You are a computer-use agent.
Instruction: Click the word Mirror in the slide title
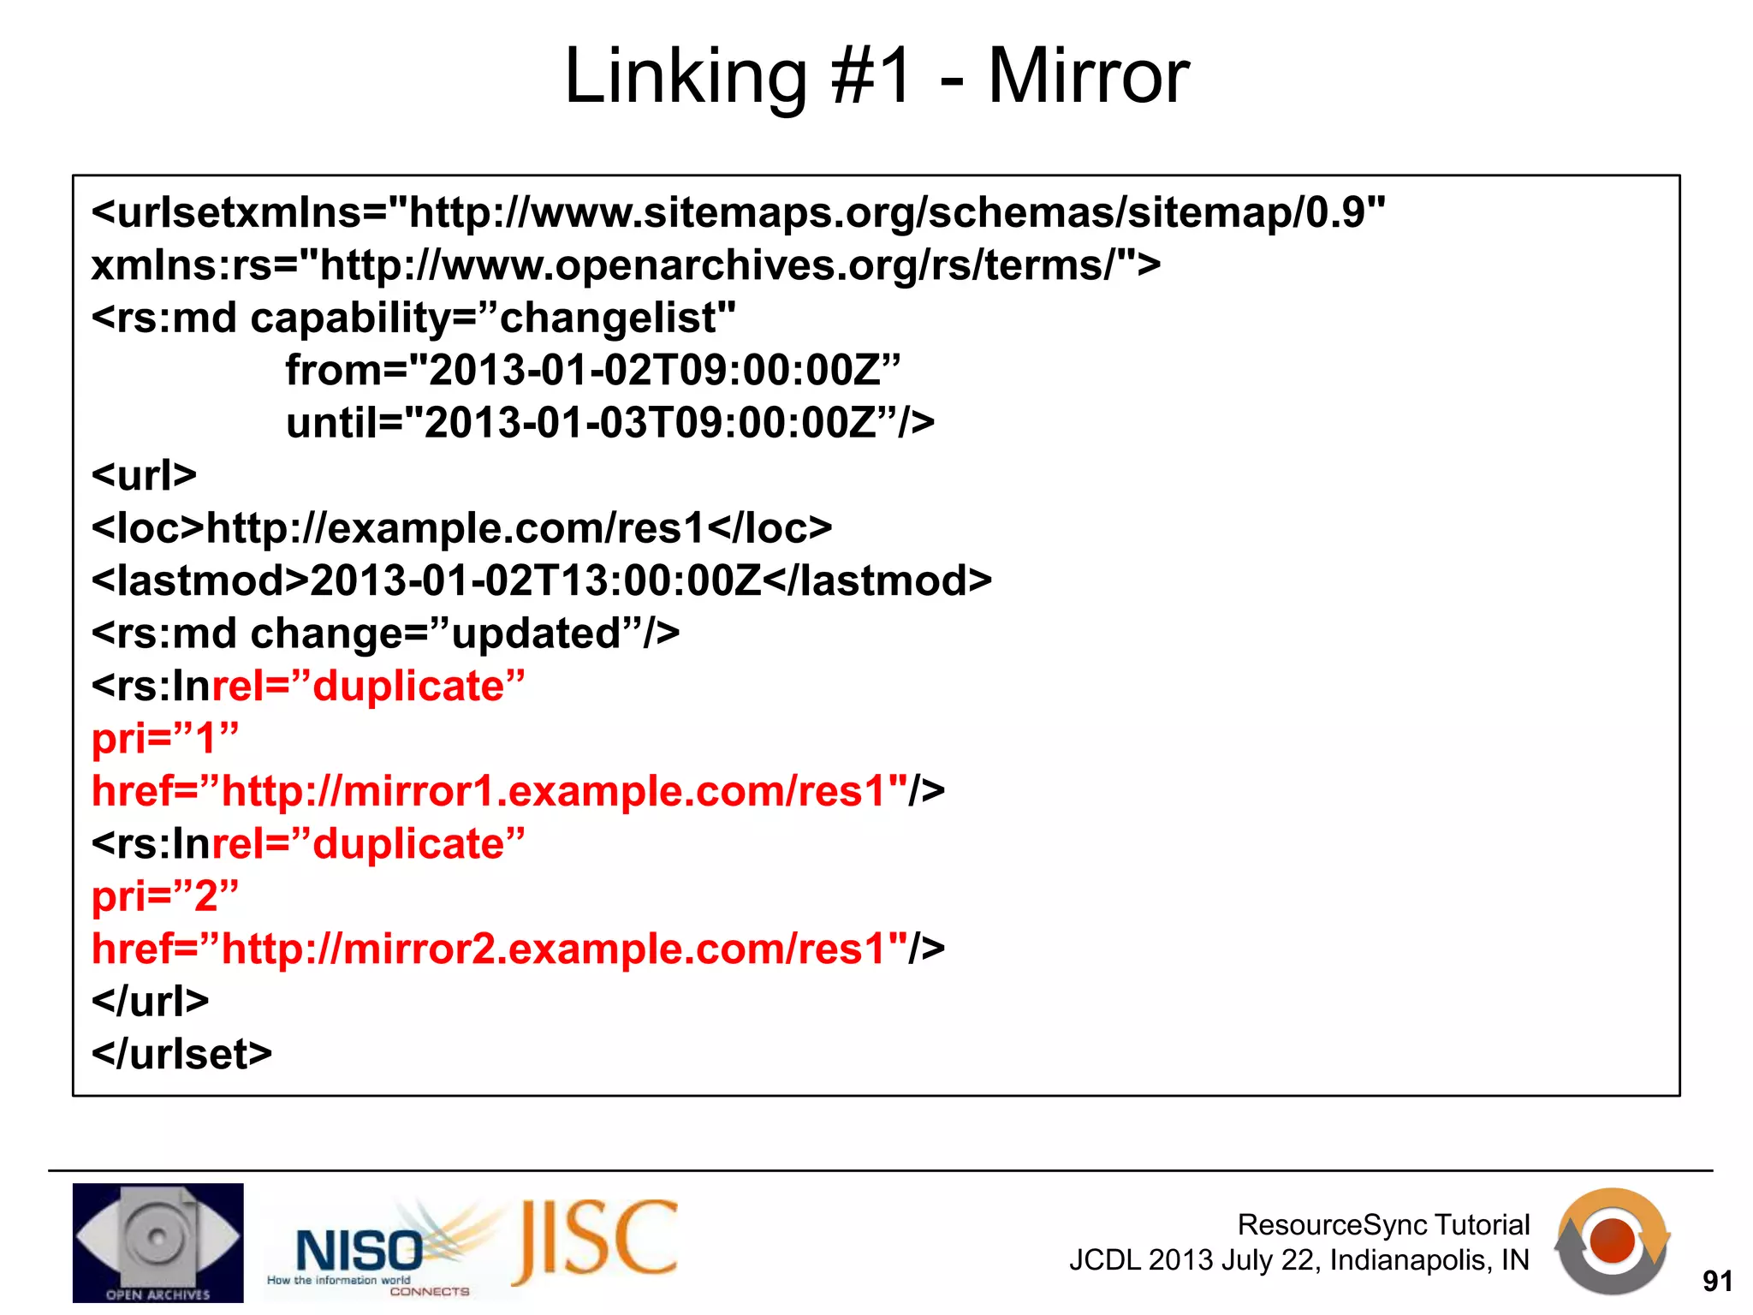1088,77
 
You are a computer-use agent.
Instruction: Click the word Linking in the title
686,77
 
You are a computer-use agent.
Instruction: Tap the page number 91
1717,1281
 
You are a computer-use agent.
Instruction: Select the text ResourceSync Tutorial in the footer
1383,1224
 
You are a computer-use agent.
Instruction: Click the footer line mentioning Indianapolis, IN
1298,1260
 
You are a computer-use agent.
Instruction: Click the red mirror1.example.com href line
518,791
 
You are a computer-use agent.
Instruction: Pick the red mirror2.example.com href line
518,949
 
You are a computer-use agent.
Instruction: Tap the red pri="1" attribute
165,738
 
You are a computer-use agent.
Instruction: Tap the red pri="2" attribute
165,896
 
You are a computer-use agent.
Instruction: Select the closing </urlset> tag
181,1054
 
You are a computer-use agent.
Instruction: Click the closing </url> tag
150,1001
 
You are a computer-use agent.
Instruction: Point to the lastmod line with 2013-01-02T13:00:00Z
541,580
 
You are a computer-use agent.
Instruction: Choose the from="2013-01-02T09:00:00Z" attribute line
592,371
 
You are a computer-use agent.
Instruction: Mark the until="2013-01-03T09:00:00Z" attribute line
609,423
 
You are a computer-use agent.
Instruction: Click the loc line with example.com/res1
461,528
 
